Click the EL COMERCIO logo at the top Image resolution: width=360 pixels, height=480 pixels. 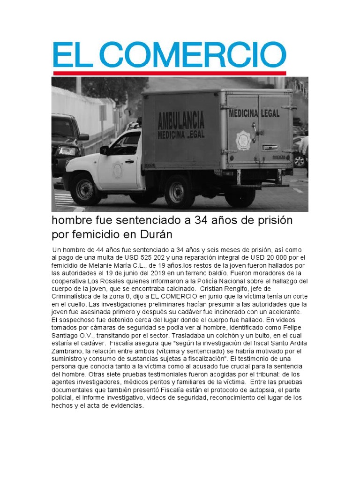coord(169,55)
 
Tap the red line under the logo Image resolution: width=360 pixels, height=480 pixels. coord(169,73)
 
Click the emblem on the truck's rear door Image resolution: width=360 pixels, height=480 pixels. coord(243,140)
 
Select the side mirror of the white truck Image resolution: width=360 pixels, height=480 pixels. coord(105,150)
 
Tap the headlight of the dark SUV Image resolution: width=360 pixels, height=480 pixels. coord(67,151)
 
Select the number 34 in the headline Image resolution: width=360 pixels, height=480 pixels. coord(202,220)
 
